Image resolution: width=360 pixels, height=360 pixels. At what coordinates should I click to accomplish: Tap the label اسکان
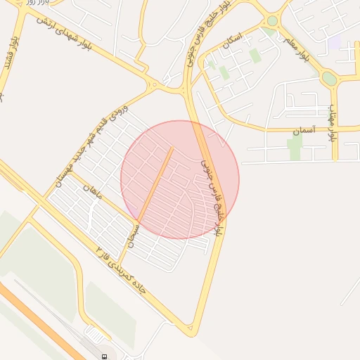point(231,44)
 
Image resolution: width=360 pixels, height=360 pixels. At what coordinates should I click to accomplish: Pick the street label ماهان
point(92,190)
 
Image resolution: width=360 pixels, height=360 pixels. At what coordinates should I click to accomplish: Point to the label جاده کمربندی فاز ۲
point(120,270)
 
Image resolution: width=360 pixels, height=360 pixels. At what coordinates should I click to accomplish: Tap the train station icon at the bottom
point(105,356)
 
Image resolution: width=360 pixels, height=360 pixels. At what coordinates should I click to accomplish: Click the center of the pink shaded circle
point(180,179)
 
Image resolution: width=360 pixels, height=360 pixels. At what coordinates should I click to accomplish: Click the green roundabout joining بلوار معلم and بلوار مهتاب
point(329,79)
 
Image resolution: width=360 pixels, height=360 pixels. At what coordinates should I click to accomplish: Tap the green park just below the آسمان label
point(295,147)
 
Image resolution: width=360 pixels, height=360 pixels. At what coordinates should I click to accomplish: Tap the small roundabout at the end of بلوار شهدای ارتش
point(154,85)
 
